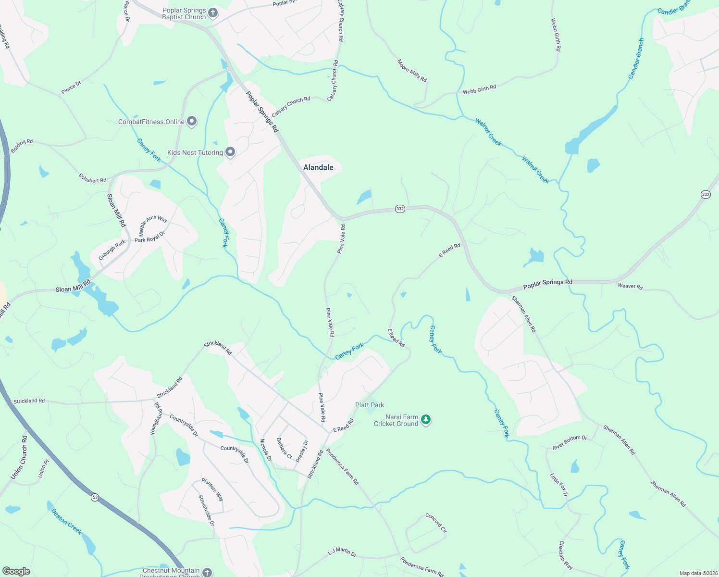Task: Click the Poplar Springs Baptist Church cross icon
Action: (213, 13)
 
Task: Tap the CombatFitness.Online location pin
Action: (192, 121)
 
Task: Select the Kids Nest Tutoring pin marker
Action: (230, 152)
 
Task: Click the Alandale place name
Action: (318, 167)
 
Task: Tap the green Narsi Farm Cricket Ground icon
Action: (425, 420)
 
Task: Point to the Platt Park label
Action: (369, 405)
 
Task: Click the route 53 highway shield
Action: (95, 497)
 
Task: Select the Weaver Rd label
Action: (630, 286)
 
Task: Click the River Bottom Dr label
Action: (570, 442)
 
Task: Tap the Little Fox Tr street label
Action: (559, 485)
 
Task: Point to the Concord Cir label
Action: (436, 523)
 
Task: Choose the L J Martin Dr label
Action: (342, 552)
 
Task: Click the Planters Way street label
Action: (212, 490)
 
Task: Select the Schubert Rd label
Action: (92, 178)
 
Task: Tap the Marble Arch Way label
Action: (153, 223)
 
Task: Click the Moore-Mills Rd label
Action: (412, 71)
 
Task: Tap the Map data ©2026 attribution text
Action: (698, 573)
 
